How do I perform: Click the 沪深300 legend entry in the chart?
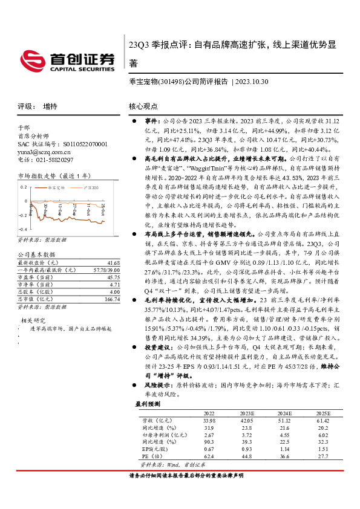click(89, 188)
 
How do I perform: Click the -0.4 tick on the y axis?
click(23, 230)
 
